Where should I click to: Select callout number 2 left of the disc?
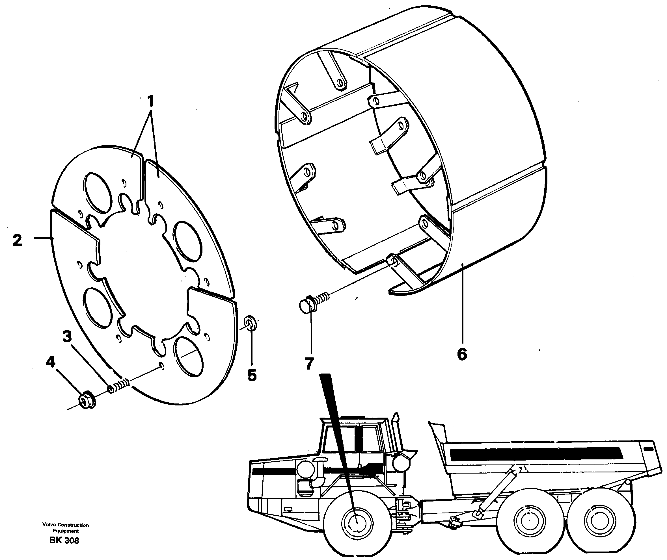(18, 240)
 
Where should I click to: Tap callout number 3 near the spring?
(67, 337)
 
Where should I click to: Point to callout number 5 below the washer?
(252, 375)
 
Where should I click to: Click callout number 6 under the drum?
(462, 354)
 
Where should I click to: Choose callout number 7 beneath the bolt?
(309, 364)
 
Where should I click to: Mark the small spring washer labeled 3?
(111, 389)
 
